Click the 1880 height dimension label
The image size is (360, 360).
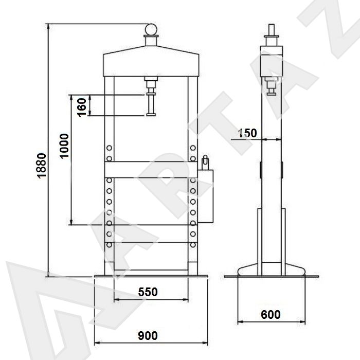point(42,166)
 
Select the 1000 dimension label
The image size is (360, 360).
point(64,146)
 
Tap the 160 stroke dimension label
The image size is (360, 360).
point(82,107)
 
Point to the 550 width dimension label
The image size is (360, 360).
point(148,292)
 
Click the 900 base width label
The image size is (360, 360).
point(148,336)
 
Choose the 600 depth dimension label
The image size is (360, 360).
point(271,315)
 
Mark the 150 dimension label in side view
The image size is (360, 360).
point(247,133)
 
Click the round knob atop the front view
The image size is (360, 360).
point(151,29)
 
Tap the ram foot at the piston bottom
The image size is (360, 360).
point(151,115)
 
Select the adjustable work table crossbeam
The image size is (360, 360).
point(151,170)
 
